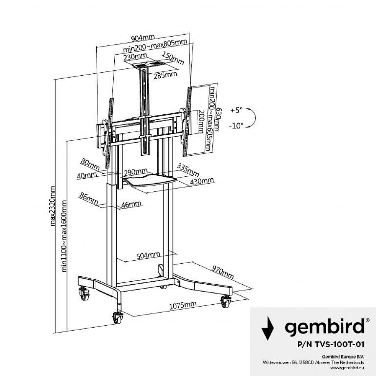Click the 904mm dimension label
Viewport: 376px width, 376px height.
pos(143,38)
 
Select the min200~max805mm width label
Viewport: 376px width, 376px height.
pos(155,46)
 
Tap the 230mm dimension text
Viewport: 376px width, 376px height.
pos(135,57)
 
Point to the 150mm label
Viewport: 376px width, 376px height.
pos(173,58)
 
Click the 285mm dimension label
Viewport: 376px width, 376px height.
pos(166,75)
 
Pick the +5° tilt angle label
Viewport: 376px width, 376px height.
pos(236,110)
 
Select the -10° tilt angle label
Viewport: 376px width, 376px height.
pos(236,125)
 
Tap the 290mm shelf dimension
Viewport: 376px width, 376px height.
pos(136,172)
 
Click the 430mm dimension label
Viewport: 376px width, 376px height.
pos(202,181)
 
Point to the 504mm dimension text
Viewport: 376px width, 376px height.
pos(148,255)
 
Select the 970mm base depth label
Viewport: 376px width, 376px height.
pos(223,272)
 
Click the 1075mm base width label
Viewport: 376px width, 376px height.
pos(183,305)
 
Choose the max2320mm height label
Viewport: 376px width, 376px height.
pos(53,206)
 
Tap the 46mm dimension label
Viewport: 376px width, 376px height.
pos(131,205)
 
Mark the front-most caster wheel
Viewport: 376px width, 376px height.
pos(118,318)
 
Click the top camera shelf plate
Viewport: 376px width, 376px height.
pos(148,64)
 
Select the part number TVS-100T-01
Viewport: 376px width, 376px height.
pos(331,345)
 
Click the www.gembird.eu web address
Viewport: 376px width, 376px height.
pos(347,368)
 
